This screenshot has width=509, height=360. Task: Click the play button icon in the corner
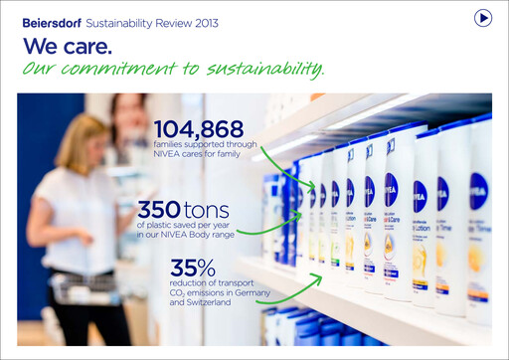click(x=483, y=18)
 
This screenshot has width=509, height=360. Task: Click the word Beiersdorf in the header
click(x=52, y=22)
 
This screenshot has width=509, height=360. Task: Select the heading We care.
click(x=68, y=46)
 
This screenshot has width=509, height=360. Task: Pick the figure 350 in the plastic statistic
click(x=159, y=211)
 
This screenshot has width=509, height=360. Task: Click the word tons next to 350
click(x=207, y=211)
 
